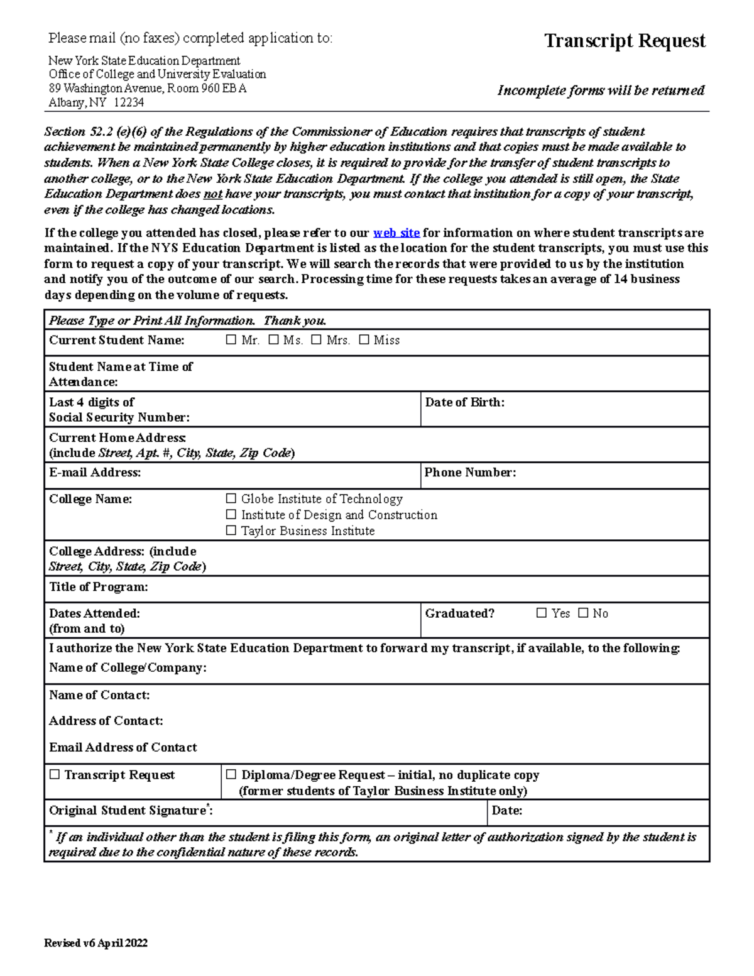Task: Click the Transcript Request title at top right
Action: pos(625,41)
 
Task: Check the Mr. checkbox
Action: pos(231,340)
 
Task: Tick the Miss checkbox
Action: pos(364,340)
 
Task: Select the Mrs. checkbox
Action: pos(316,340)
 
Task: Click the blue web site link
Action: pos(396,233)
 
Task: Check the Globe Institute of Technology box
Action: pos(231,499)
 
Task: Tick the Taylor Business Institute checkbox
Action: pos(231,531)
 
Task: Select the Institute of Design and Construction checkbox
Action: pos(231,515)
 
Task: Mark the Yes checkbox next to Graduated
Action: pos(542,613)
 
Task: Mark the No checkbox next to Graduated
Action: pos(583,613)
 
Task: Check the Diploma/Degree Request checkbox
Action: pos(231,775)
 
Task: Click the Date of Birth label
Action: pos(464,402)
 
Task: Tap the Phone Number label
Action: pos(470,473)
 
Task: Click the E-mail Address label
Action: pos(95,473)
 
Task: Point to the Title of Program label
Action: pos(99,587)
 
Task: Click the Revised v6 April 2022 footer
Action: pos(96,943)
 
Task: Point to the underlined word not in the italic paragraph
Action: pos(212,194)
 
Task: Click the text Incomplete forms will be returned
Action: pos(601,90)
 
